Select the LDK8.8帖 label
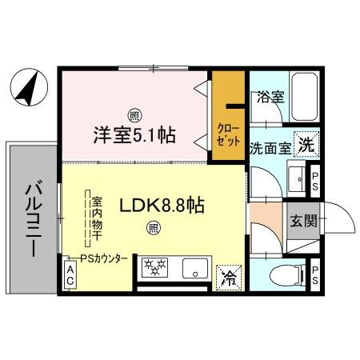[162, 206]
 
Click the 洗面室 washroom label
[267, 147]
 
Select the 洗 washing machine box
[304, 146]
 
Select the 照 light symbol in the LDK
[152, 229]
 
